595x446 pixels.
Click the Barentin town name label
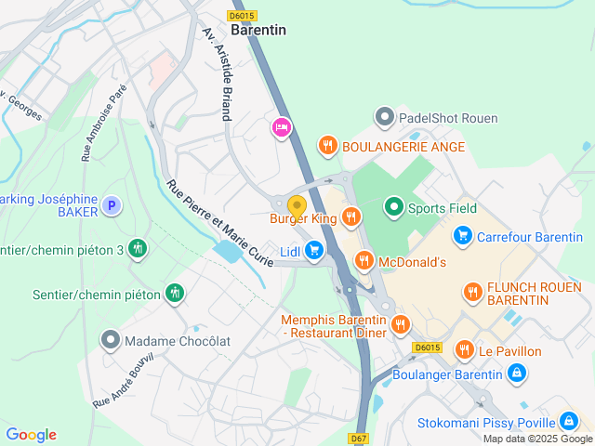coord(258,30)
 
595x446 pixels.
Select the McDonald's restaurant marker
coord(364,261)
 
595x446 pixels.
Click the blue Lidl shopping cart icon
coord(314,250)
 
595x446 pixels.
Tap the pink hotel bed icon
coord(281,127)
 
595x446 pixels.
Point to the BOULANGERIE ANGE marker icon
coord(327,146)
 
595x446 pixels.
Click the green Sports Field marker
coord(394,207)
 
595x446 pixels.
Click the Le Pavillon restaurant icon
coord(464,350)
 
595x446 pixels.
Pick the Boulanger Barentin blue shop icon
coord(518,374)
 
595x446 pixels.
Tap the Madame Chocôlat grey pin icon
coord(112,340)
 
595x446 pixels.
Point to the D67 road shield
coord(361,438)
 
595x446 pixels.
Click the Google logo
coord(31,435)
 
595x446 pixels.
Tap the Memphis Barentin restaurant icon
coord(400,324)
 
